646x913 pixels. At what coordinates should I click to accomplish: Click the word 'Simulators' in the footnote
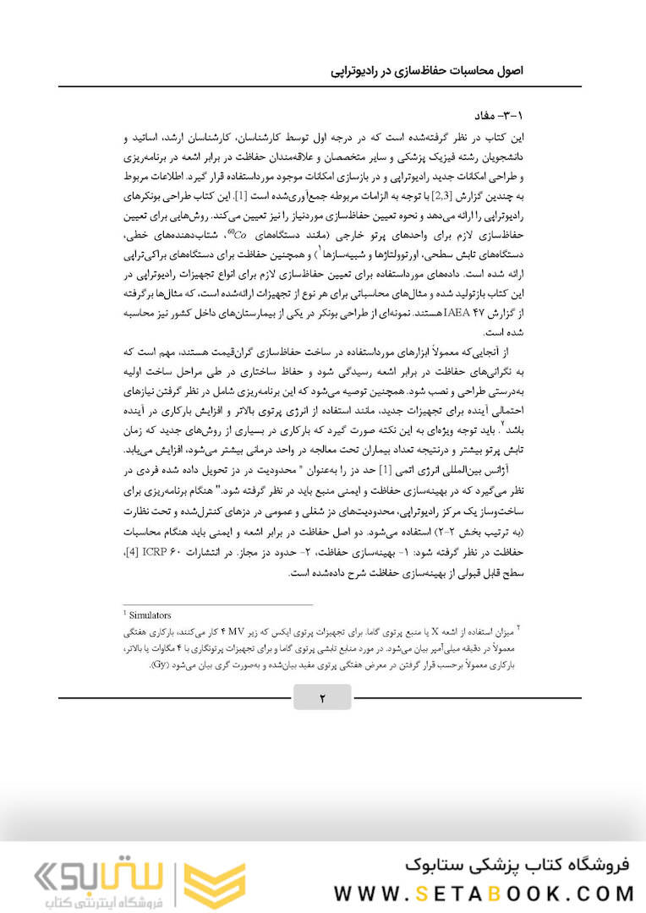click(150, 615)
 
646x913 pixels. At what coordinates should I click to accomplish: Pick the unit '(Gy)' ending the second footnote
click(162, 664)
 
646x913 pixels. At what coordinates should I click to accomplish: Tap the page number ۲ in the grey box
click(322, 698)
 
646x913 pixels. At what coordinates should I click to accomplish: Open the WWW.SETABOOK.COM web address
click(484, 894)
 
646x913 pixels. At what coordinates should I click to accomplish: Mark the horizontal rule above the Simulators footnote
click(217, 604)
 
